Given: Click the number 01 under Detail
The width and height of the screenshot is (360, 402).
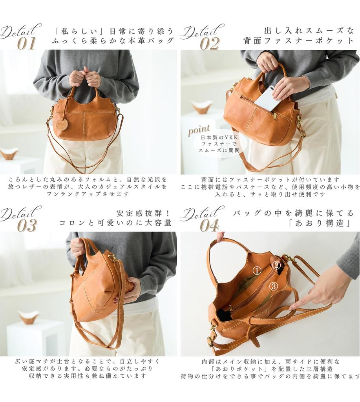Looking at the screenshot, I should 27,43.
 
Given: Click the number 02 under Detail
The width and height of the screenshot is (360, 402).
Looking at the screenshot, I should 209,43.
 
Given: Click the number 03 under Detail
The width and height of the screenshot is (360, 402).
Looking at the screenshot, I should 27,225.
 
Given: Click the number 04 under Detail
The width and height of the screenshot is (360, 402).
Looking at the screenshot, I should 209,225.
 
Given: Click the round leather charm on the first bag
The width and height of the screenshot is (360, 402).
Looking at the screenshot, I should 61,123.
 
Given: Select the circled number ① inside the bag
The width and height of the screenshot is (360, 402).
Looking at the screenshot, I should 257,270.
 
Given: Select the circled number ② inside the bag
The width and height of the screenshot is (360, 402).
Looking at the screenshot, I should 276,265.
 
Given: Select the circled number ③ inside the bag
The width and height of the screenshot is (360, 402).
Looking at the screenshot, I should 274,286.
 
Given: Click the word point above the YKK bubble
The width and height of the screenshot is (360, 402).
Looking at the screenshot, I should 199,130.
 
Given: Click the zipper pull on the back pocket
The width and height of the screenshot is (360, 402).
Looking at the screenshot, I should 275,116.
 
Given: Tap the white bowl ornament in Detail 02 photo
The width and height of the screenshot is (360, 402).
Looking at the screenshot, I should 202,106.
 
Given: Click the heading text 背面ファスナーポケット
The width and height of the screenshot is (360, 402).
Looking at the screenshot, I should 298,40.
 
